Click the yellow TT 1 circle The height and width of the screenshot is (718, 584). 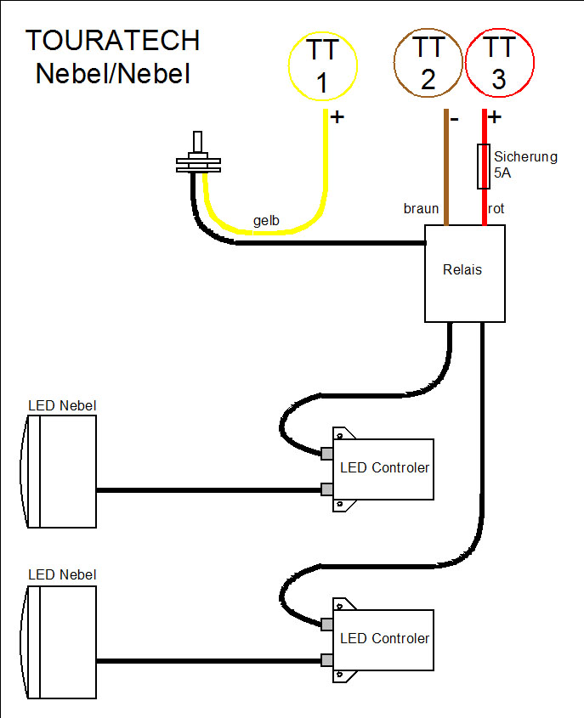322,66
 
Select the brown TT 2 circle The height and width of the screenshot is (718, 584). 428,66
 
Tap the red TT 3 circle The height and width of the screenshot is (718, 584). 499,66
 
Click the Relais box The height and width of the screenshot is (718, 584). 464,273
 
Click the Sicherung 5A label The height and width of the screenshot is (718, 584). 524,164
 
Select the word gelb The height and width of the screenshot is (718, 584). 266,221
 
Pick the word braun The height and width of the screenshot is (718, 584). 421,208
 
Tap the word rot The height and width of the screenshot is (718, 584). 497,208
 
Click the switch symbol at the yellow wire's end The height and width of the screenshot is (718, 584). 198,157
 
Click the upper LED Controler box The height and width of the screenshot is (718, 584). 384,468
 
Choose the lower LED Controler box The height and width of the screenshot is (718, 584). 384,639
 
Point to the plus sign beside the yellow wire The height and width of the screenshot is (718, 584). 337,116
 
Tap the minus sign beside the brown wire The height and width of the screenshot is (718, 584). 455,118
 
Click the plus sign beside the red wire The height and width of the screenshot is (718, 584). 496,117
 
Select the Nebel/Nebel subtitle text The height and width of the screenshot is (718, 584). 112,73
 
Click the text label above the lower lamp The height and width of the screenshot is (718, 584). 62,575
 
